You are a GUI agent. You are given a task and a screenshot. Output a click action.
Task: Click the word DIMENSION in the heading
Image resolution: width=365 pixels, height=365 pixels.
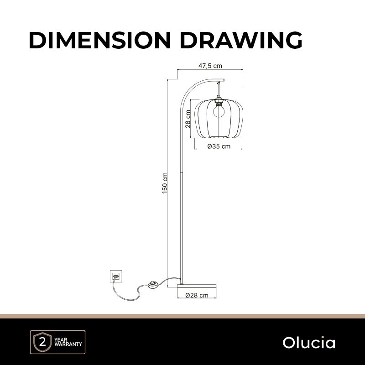point(100,40)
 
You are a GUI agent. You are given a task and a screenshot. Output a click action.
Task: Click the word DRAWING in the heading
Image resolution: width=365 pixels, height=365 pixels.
point(241,40)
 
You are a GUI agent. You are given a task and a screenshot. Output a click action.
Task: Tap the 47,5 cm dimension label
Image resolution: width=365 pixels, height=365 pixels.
point(210,66)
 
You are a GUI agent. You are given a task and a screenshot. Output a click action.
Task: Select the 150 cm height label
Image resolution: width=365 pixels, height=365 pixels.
point(165,183)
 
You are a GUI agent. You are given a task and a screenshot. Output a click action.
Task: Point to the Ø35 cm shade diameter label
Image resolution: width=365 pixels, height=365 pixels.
point(219,146)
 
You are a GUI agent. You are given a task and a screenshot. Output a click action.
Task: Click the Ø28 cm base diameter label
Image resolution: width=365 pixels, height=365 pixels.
point(197,295)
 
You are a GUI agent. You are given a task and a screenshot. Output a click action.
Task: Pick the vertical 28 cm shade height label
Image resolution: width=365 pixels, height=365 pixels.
point(188,119)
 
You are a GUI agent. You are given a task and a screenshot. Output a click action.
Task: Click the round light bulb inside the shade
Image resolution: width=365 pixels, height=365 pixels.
point(219,111)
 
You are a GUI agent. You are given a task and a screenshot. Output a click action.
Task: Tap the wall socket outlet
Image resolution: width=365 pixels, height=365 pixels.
point(116,276)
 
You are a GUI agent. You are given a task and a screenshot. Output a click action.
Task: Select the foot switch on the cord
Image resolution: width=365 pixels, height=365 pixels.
point(153,285)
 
